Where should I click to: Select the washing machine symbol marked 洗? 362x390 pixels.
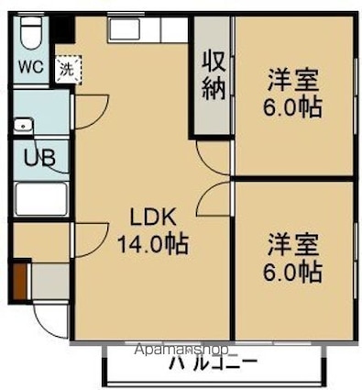point(67,67)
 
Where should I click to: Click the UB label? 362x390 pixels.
point(39,157)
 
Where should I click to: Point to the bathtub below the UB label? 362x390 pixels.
point(41,198)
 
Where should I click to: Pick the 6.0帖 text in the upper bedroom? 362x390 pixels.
point(294,106)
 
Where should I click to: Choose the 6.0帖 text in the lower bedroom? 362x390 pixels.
point(294,273)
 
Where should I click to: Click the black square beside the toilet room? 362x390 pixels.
point(61,29)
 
